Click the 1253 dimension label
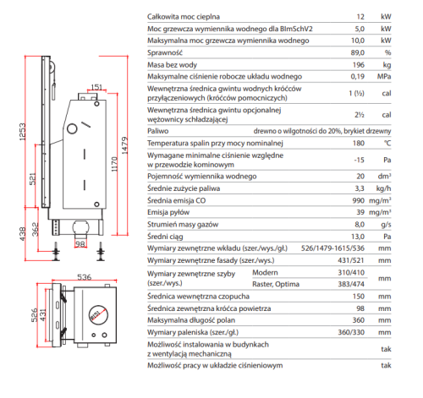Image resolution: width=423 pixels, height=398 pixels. pyautogui.click(x=23, y=132)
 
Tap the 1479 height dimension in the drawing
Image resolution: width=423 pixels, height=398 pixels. pyautogui.click(x=124, y=145)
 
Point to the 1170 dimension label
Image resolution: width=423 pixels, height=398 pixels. pyautogui.click(x=114, y=164)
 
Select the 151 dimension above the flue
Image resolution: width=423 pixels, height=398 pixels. pyautogui.click(x=96, y=87)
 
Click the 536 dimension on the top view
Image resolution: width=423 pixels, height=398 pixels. pyautogui.click(x=85, y=277)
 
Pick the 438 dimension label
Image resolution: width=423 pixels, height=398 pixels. pyautogui.click(x=23, y=234)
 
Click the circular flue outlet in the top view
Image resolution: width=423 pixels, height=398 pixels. pyautogui.click(x=98, y=315)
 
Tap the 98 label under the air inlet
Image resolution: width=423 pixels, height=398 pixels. pyautogui.click(x=80, y=244)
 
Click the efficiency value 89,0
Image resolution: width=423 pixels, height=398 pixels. pyautogui.click(x=358, y=52)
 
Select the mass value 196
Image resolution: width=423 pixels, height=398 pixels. pyautogui.click(x=359, y=65)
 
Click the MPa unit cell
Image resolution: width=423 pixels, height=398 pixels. pyautogui.click(x=384, y=76)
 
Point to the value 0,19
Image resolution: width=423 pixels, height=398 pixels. pyautogui.click(x=358, y=76)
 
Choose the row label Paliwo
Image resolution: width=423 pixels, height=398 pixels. pyautogui.click(x=158, y=131)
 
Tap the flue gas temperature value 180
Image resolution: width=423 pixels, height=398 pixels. pyautogui.click(x=359, y=143)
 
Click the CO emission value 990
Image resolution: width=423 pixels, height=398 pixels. pyautogui.click(x=359, y=200)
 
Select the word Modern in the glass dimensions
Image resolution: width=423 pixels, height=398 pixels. pyautogui.click(x=265, y=273)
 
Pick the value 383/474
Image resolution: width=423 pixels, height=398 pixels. pyautogui.click(x=351, y=284)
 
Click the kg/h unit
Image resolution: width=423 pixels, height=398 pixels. pyautogui.click(x=383, y=188)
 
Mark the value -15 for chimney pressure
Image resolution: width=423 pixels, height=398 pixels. pyautogui.click(x=360, y=160)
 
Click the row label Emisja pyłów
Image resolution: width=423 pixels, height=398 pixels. pyautogui.click(x=168, y=212)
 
